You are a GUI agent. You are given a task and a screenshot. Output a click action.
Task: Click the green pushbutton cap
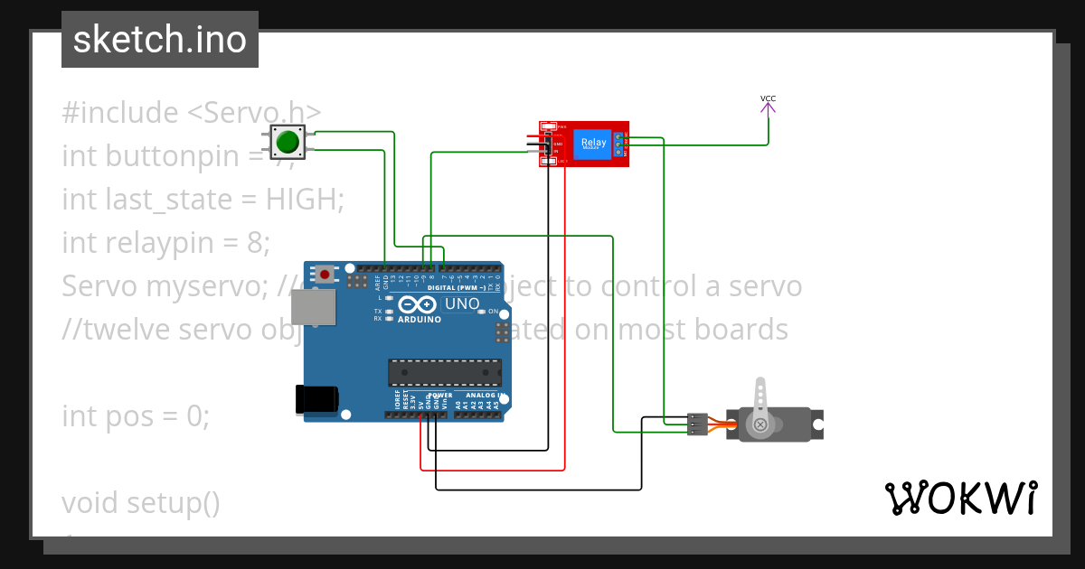[288, 142]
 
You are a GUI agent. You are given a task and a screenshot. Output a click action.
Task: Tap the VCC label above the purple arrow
[768, 98]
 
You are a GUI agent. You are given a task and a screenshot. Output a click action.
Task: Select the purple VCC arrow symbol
[768, 109]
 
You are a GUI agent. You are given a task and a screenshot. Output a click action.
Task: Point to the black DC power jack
[316, 399]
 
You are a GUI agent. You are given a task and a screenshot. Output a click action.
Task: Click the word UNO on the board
[462, 304]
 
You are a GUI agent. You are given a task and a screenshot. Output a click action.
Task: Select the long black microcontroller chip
[445, 372]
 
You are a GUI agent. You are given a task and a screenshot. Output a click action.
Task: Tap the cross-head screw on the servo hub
[760, 424]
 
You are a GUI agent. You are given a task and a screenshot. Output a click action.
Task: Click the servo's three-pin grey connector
[697, 424]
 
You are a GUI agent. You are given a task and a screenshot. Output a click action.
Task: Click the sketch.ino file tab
[160, 40]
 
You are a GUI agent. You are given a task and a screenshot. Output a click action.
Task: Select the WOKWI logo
[961, 499]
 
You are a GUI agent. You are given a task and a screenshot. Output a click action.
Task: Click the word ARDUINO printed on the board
[420, 320]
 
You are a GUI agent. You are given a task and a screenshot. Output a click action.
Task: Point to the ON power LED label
[494, 312]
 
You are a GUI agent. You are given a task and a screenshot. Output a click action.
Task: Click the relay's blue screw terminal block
[620, 144]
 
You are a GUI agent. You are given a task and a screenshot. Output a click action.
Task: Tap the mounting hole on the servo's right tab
[817, 424]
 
